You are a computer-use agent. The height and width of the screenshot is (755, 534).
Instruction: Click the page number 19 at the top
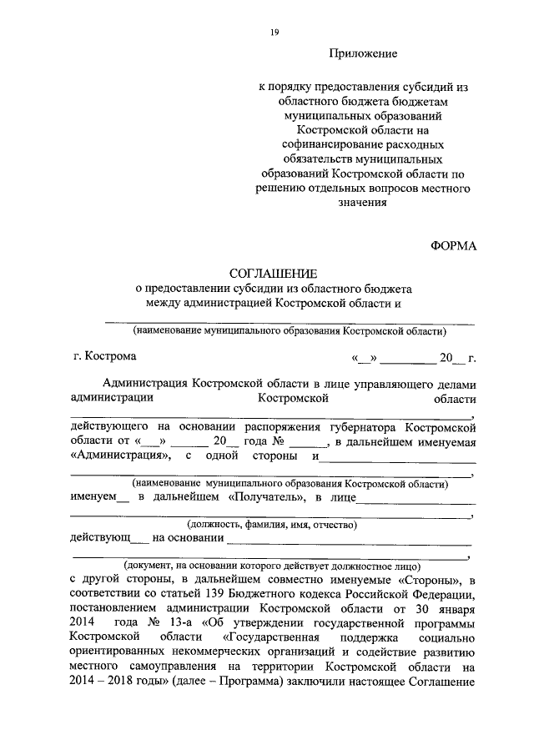[274, 33]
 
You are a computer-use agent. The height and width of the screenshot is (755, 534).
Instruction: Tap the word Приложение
[363, 54]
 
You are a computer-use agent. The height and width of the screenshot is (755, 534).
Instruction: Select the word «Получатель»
[266, 498]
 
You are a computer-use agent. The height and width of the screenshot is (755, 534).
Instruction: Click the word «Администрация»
[122, 456]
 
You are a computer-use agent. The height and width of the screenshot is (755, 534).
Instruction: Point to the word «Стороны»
[426, 579]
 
